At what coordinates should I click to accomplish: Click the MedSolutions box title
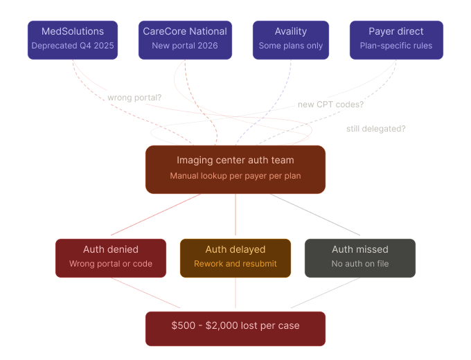73,31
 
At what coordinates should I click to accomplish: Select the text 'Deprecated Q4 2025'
73,46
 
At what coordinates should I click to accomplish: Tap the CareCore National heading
185,31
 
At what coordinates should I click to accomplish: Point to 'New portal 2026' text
185,46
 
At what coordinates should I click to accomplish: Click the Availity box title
290,31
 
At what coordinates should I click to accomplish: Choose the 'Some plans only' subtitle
290,46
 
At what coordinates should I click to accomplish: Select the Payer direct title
396,31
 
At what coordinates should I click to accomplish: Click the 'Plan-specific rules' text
396,46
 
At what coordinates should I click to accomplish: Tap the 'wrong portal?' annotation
134,98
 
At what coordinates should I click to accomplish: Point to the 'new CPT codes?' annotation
331,105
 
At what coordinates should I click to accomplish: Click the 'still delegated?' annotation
376,129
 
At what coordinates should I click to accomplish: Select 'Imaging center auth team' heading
235,160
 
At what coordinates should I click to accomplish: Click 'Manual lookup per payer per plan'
235,176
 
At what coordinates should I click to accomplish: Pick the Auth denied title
111,249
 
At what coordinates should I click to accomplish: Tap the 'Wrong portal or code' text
111,264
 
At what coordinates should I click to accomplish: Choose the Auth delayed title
235,249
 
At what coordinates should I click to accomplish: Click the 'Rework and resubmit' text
235,264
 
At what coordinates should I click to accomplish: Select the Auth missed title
360,249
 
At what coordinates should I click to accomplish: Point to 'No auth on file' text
360,264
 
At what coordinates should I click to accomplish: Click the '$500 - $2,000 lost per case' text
235,325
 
